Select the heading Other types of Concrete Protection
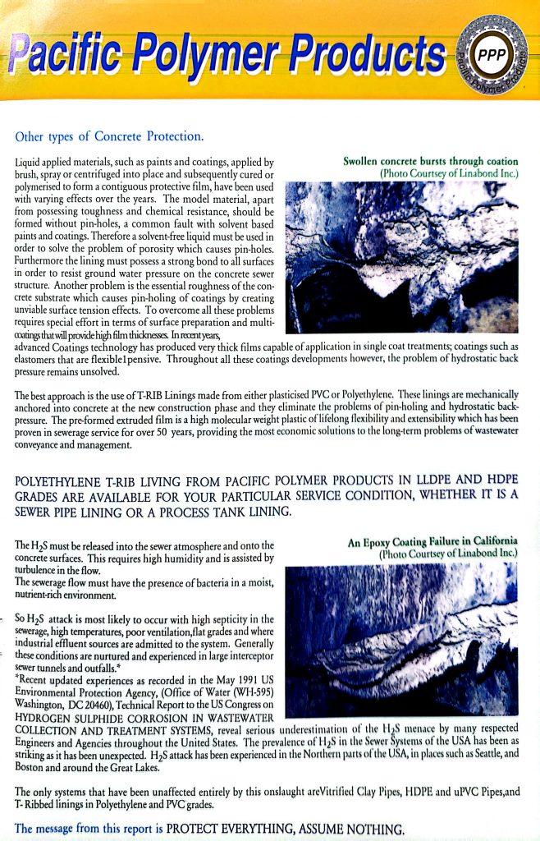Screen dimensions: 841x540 (x=109, y=136)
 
